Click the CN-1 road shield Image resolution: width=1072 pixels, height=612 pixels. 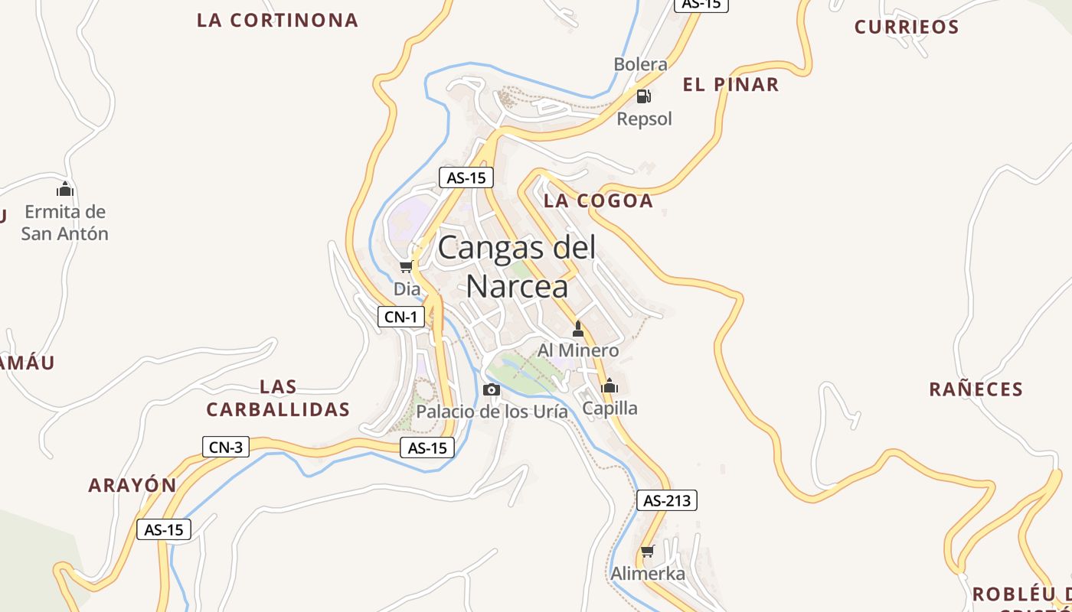(x=401, y=317)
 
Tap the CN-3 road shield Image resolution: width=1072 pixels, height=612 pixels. (x=226, y=448)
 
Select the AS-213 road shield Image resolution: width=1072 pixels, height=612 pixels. (x=667, y=501)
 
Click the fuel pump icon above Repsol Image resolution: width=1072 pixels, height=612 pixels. (x=644, y=96)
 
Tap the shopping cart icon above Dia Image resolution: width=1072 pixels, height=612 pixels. (x=406, y=267)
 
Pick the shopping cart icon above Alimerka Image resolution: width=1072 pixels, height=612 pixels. (x=648, y=552)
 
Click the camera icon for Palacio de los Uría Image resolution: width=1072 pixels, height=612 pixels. (x=492, y=390)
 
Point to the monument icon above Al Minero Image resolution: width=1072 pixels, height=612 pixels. (x=578, y=330)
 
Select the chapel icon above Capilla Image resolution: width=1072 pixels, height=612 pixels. (x=610, y=386)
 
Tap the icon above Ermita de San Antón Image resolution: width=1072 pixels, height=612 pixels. (x=65, y=188)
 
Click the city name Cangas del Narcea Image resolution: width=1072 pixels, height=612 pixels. (x=517, y=267)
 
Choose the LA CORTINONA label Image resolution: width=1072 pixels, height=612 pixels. (x=277, y=21)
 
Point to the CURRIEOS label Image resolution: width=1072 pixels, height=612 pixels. (x=907, y=28)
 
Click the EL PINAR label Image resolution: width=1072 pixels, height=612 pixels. (x=730, y=85)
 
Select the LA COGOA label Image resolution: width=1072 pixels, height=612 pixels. (x=598, y=201)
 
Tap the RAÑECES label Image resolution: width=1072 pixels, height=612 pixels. (x=976, y=389)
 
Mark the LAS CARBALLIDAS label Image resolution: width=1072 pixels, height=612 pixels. (x=278, y=398)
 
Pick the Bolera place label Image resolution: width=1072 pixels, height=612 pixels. (x=640, y=64)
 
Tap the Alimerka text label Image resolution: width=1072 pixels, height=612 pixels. (x=648, y=573)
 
